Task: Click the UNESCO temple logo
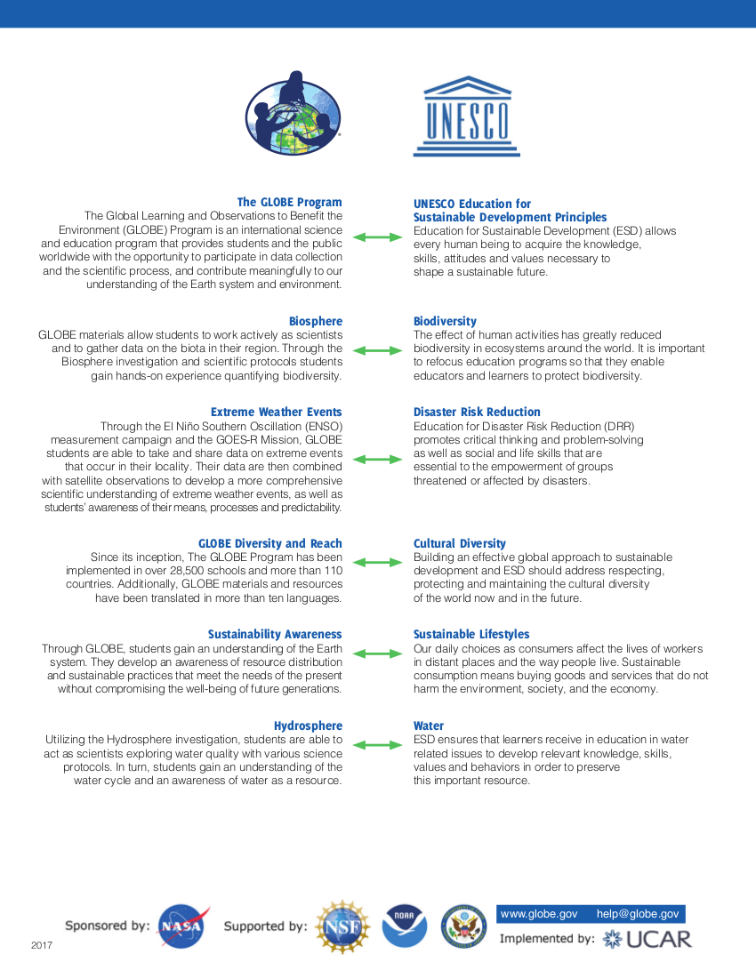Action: [x=466, y=117]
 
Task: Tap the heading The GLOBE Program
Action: [x=289, y=203]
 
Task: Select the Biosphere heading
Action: [x=315, y=321]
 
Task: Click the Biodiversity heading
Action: [x=445, y=321]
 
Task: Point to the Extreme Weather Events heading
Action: [x=276, y=412]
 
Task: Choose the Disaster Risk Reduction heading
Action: [x=477, y=412]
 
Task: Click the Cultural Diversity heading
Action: [x=459, y=543]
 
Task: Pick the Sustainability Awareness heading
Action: [x=275, y=634]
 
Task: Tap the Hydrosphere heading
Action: [x=308, y=725]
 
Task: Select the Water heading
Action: [x=429, y=725]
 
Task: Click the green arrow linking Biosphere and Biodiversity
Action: [x=378, y=351]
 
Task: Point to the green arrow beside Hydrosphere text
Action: [x=378, y=745]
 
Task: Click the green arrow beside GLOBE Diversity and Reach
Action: [x=378, y=563]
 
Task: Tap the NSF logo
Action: [x=343, y=926]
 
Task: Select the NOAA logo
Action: [x=405, y=926]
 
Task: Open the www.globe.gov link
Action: [x=539, y=914]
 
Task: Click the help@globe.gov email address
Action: [x=638, y=914]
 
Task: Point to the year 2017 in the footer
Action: [x=42, y=945]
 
